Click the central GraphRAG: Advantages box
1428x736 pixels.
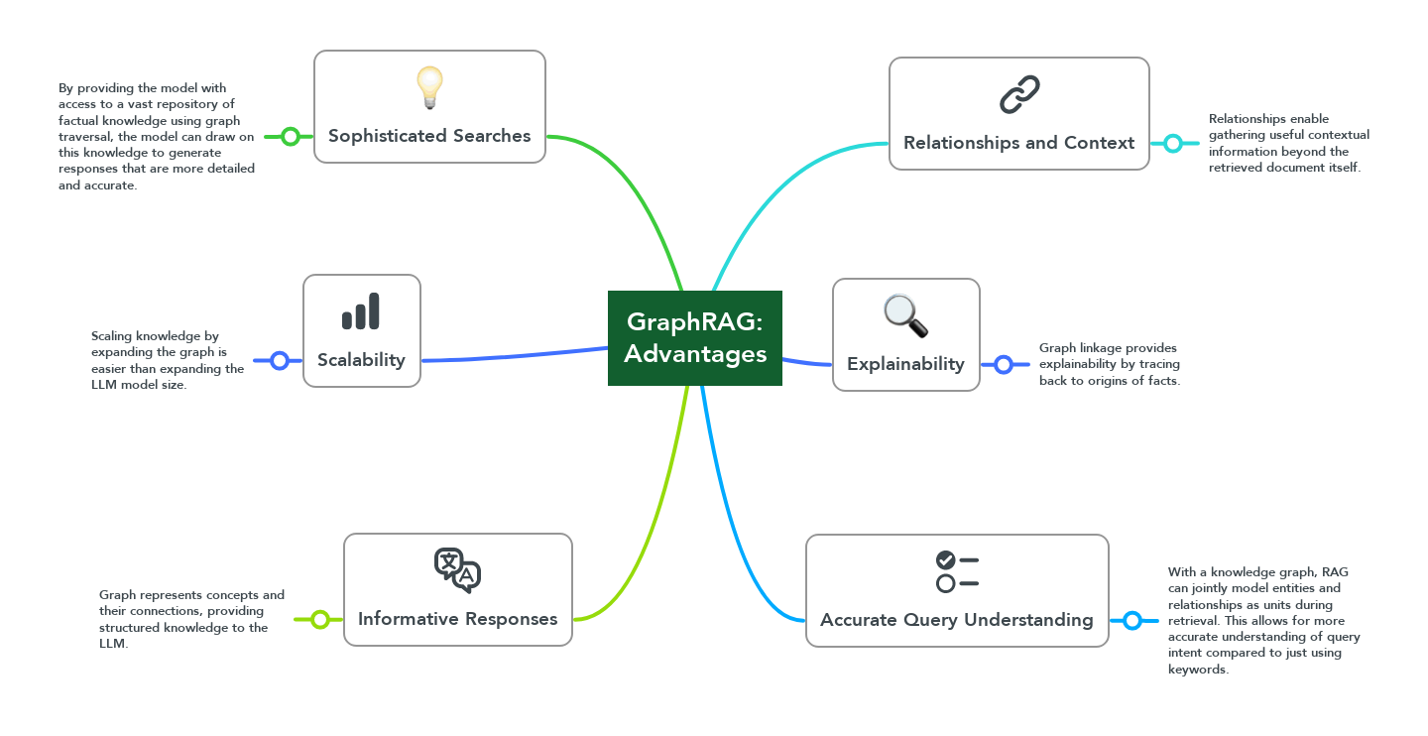695,338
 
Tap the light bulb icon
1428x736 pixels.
428,87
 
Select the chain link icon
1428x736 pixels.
1019,94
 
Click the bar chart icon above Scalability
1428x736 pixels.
361,310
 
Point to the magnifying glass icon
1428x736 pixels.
905,315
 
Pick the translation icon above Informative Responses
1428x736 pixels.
457,570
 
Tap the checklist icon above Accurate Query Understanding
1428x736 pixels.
957,571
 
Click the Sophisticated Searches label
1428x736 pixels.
429,136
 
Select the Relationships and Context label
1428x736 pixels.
1018,143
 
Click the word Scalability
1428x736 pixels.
361,360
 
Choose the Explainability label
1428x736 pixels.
905,364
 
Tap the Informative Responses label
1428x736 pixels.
457,619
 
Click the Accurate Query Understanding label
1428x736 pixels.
956,620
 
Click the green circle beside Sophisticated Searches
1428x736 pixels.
290,136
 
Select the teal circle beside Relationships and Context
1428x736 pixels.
1173,143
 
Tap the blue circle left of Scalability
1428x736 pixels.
280,360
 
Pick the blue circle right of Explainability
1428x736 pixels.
1004,364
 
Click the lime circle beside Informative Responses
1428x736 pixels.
320,620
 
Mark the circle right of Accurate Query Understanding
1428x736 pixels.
1133,621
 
